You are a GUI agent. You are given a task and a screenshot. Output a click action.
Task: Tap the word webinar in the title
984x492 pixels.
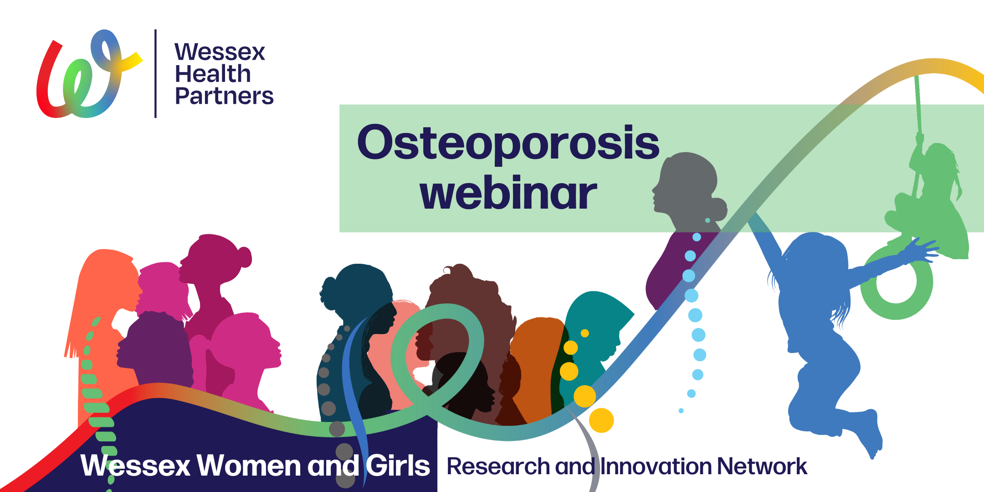click(x=508, y=194)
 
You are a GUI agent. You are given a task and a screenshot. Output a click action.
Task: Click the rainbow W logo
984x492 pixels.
click(x=89, y=74)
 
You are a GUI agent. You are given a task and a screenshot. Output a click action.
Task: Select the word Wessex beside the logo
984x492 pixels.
click(x=220, y=52)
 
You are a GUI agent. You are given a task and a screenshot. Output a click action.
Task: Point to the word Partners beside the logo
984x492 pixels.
click(x=224, y=96)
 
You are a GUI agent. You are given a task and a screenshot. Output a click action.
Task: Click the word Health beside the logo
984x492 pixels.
click(x=213, y=74)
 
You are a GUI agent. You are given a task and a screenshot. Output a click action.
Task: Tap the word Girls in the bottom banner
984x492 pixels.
click(x=398, y=466)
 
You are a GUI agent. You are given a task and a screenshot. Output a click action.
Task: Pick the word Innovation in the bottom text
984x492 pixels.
click(x=655, y=466)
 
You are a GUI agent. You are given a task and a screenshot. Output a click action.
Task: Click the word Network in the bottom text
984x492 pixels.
click(x=762, y=466)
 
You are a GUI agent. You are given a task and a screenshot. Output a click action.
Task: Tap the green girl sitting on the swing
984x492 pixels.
click(x=929, y=205)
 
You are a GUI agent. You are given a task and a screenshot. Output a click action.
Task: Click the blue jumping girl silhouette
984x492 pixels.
click(x=820, y=328)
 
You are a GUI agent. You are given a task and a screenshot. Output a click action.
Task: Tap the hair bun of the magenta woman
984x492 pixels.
click(x=244, y=257)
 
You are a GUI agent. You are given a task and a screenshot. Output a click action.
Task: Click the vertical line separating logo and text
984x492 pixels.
click(x=156, y=74)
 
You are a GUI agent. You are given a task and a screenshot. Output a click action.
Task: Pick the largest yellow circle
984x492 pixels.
click(x=601, y=420)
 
